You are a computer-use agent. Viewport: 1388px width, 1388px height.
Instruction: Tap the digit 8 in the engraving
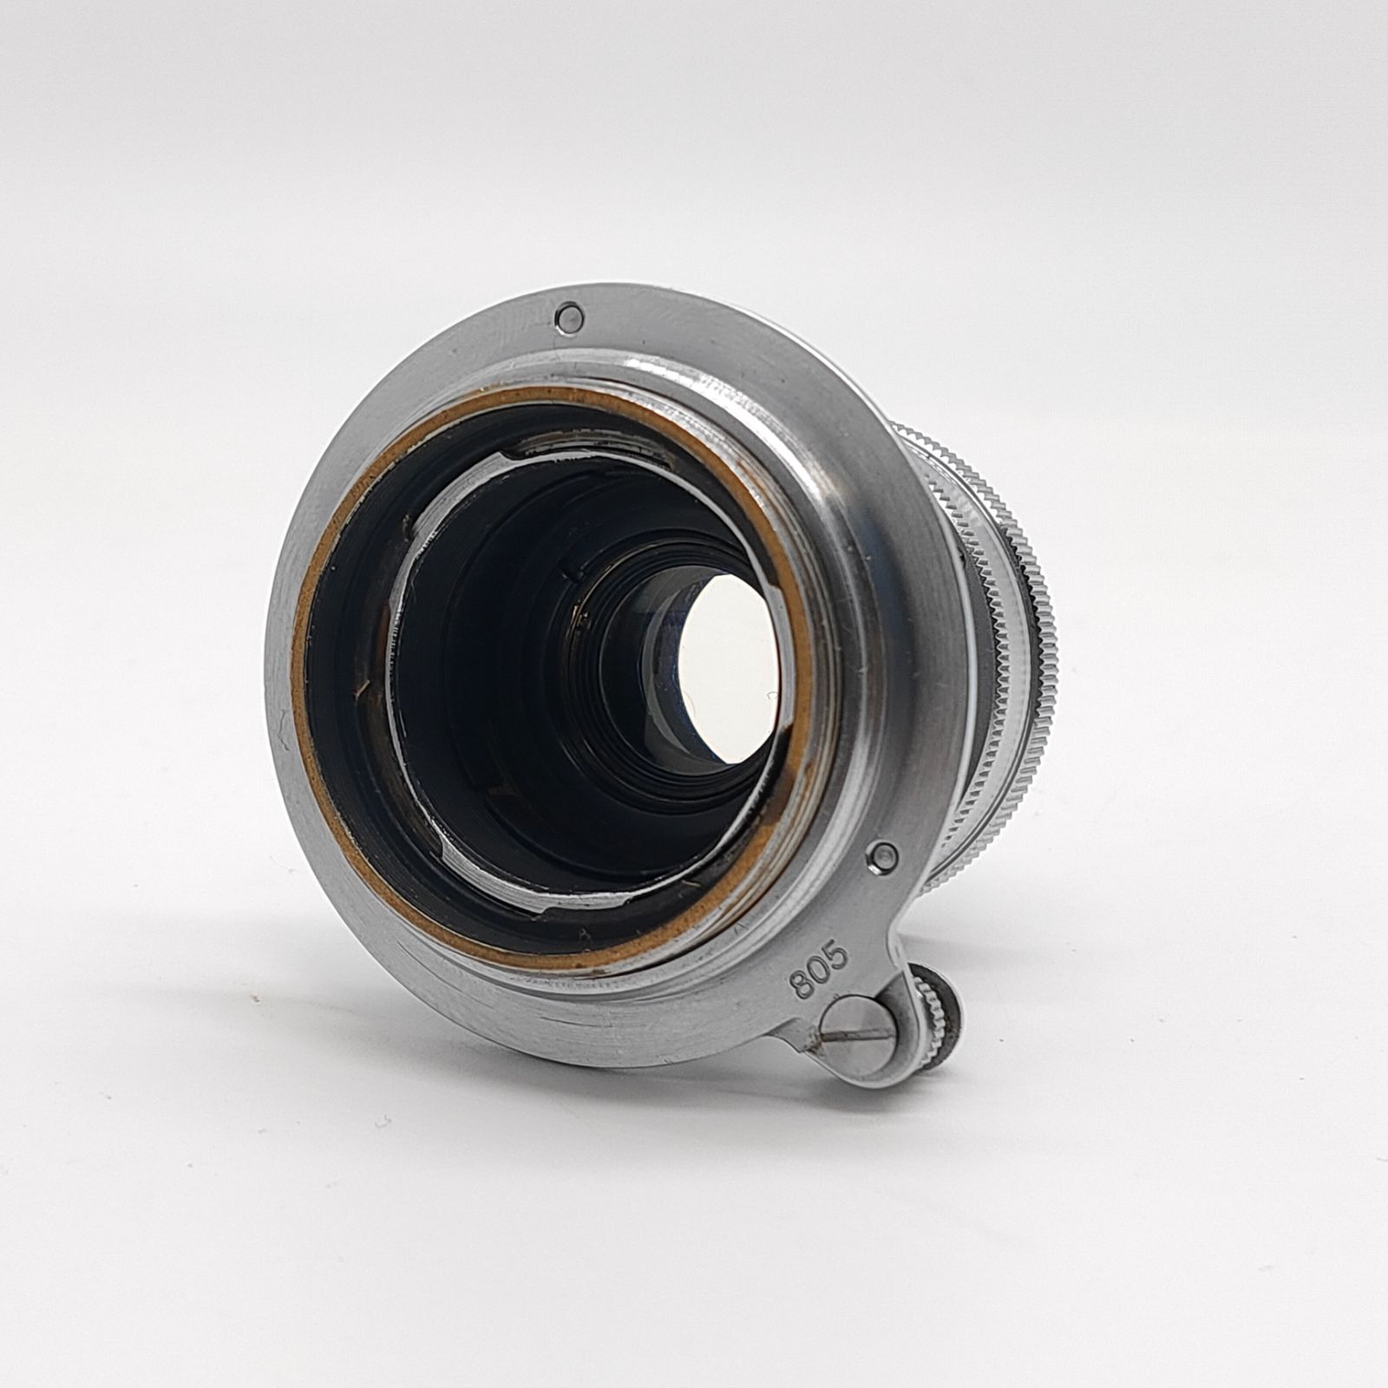800,985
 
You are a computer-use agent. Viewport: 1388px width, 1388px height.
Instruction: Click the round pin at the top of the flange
569,316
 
